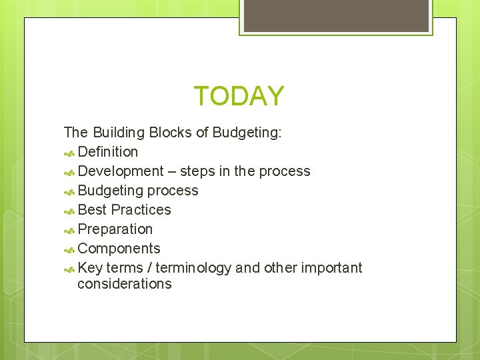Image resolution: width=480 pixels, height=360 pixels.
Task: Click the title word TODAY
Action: pyautogui.click(x=239, y=96)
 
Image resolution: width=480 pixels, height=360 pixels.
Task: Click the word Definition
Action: pyautogui.click(x=107, y=152)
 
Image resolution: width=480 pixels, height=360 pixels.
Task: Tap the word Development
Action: pyautogui.click(x=121, y=171)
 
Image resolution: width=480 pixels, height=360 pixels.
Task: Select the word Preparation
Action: pyautogui.click(x=115, y=229)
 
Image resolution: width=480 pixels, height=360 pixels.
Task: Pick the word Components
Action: pyautogui.click(x=119, y=249)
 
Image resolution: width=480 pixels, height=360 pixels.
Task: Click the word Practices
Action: pyautogui.click(x=141, y=210)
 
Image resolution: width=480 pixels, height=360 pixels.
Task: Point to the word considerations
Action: pyautogui.click(x=124, y=284)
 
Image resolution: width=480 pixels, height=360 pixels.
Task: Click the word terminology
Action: pyautogui.click(x=193, y=268)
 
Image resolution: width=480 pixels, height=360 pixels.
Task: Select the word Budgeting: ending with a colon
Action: pyautogui.click(x=247, y=133)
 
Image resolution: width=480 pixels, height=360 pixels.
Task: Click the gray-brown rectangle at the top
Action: pyautogui.click(x=336, y=15)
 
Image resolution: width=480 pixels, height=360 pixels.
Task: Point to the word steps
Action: pyautogui.click(x=197, y=171)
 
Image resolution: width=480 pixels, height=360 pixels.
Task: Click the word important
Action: pyautogui.click(x=331, y=268)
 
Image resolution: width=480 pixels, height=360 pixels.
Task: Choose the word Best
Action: pyautogui.click(x=92, y=210)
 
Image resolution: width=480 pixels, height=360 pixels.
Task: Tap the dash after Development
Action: pyautogui.click(x=172, y=172)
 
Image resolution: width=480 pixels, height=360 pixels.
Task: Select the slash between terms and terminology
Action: pyautogui.click(x=149, y=268)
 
